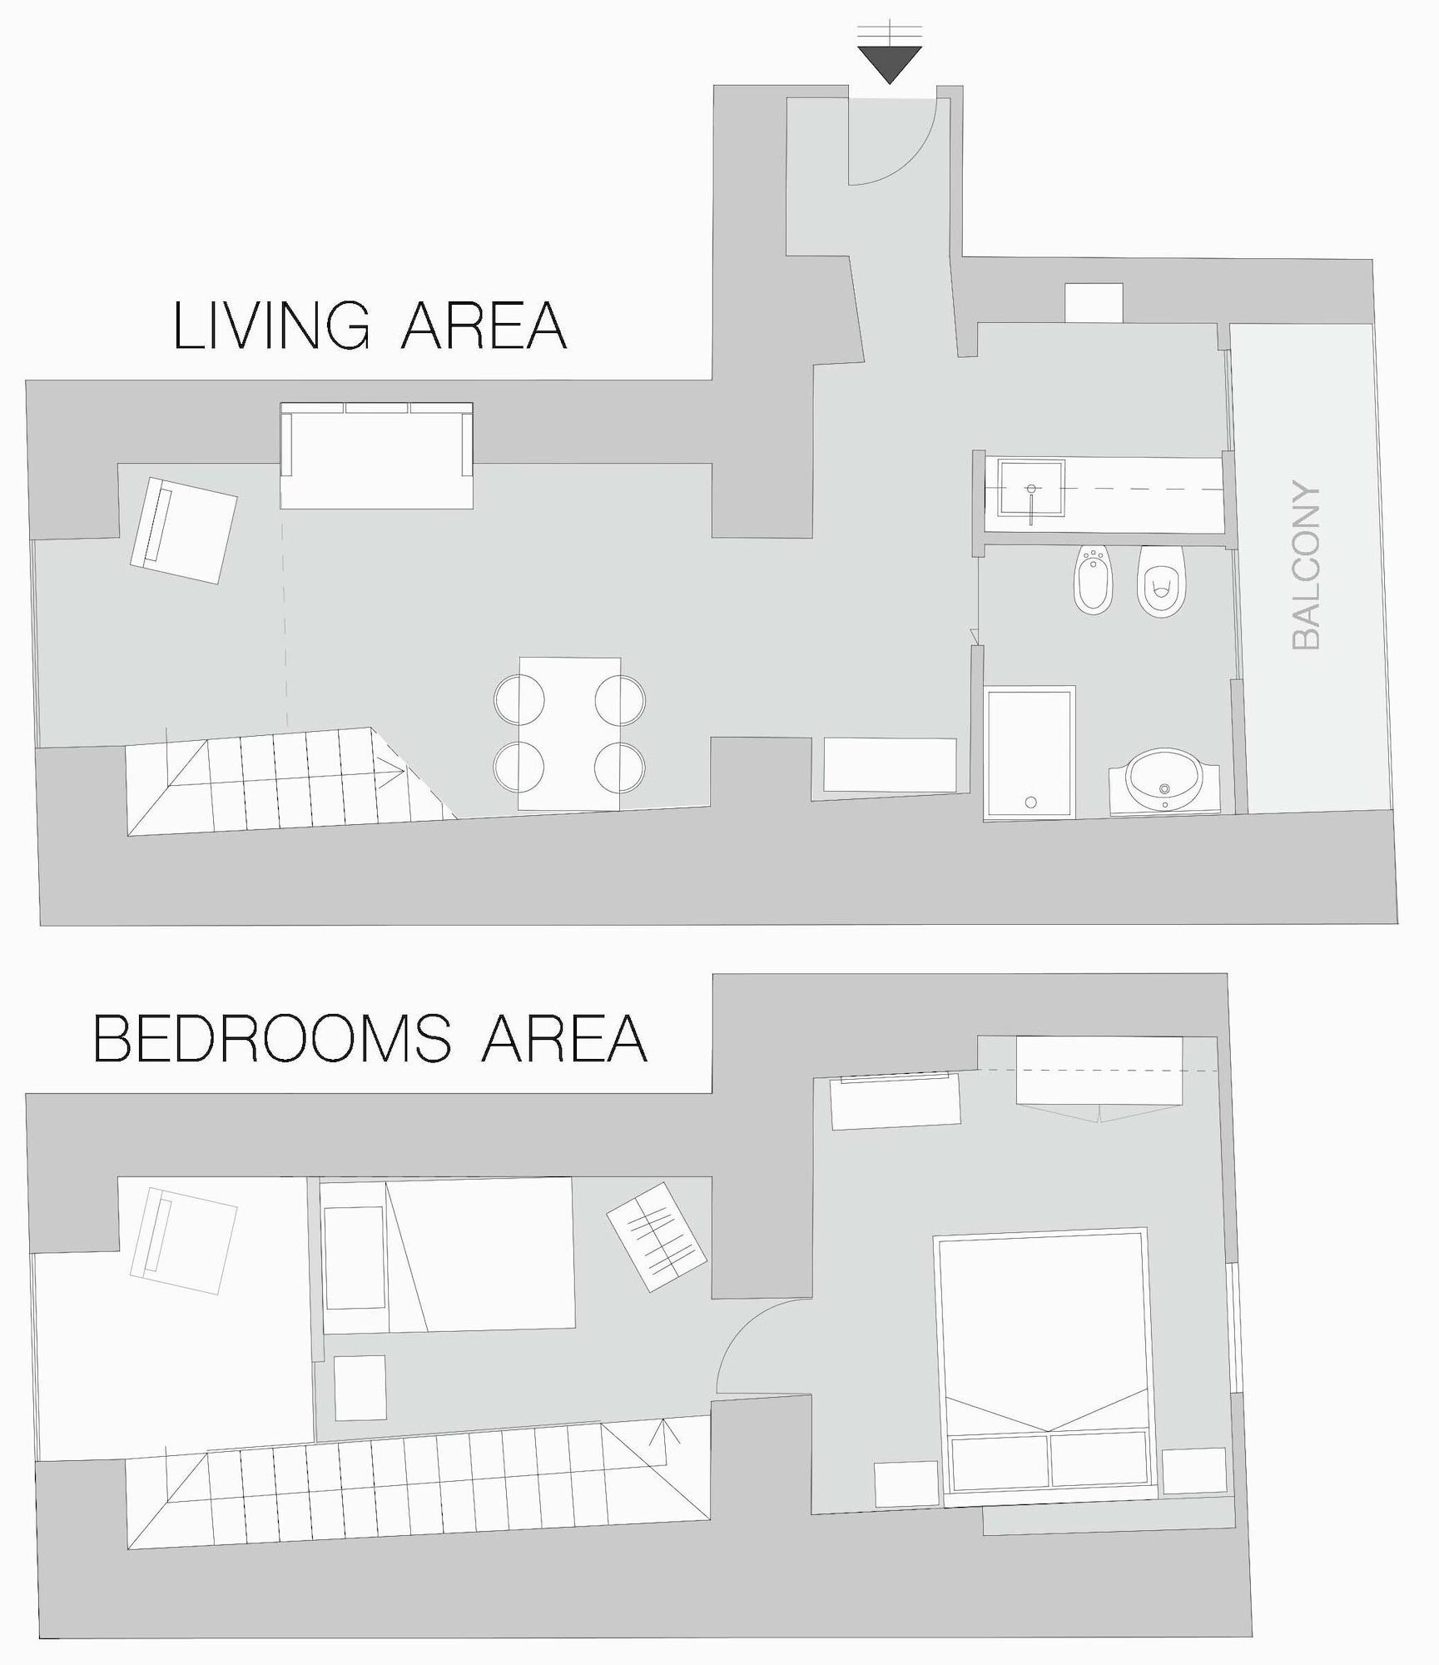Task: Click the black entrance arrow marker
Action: click(x=890, y=63)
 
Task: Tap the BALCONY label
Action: click(x=1306, y=565)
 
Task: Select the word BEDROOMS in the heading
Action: click(x=272, y=1039)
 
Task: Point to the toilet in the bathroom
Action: click(x=1162, y=582)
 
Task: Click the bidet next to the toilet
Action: click(x=1094, y=580)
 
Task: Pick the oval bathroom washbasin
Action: click(x=1164, y=778)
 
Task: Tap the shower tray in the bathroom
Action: click(x=1030, y=752)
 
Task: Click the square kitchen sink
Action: click(x=1032, y=490)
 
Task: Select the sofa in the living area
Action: click(x=377, y=455)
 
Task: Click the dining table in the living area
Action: click(x=569, y=733)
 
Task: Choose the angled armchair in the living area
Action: click(x=184, y=530)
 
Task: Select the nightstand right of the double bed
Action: click(x=1193, y=1470)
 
